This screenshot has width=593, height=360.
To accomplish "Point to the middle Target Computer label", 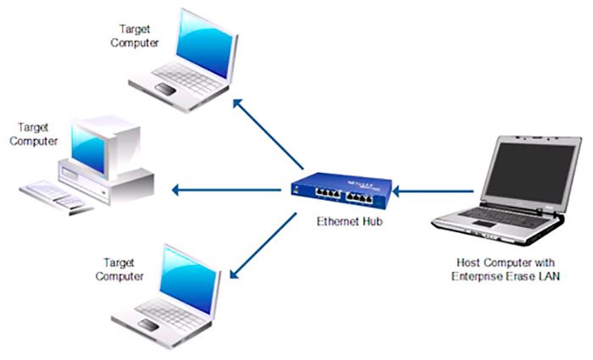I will click(33, 135).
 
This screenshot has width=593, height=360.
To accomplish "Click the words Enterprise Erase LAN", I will click(507, 278).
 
